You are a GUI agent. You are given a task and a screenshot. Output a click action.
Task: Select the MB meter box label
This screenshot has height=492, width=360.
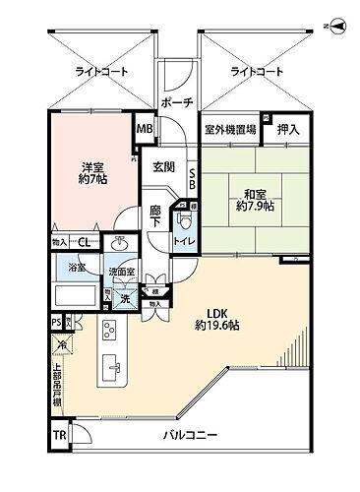(x=144, y=129)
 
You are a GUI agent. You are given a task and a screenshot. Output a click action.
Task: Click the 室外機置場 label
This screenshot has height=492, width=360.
(x=229, y=129)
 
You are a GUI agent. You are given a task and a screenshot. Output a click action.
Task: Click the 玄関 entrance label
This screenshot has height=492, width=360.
(x=163, y=167)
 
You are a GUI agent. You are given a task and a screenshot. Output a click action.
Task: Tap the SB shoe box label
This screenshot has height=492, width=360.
(x=192, y=178)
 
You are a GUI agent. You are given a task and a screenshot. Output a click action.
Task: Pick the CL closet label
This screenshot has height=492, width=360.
(x=86, y=243)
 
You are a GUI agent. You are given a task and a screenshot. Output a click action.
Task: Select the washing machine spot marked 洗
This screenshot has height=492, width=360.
(x=125, y=297)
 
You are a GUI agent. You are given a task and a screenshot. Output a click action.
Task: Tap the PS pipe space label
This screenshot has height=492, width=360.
(x=57, y=321)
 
